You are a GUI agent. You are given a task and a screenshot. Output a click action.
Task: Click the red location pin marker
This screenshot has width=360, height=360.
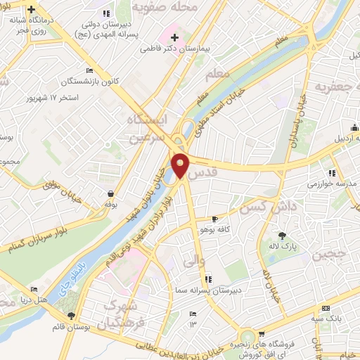pos(181,165)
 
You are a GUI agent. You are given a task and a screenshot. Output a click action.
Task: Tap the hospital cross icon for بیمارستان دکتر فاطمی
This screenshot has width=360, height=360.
pos(175,37)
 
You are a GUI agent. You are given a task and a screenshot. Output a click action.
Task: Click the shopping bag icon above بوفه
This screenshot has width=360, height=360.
pos(110,193)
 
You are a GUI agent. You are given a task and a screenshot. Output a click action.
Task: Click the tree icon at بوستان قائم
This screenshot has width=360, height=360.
pos(70,316)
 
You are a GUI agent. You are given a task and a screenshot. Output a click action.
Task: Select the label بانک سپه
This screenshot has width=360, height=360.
pos(339,319)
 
